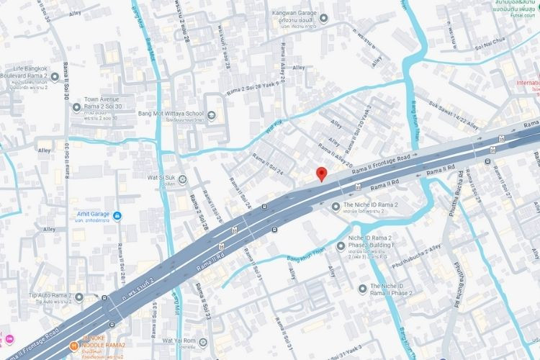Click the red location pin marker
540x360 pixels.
322,174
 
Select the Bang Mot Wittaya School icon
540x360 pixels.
210,114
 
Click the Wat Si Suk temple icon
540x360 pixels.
182,179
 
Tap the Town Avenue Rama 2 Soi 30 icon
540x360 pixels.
77,107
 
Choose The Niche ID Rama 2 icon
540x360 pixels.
334,206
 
